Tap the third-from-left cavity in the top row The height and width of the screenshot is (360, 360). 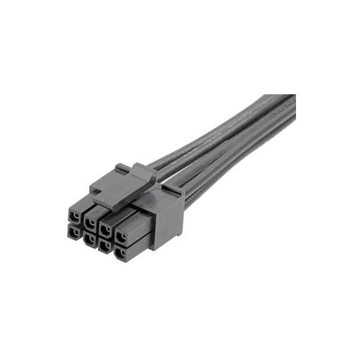point(106,229)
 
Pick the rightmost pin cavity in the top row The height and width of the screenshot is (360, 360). point(122,236)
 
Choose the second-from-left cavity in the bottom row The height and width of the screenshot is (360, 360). point(89,238)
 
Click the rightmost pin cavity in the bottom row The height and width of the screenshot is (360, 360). point(122,253)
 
